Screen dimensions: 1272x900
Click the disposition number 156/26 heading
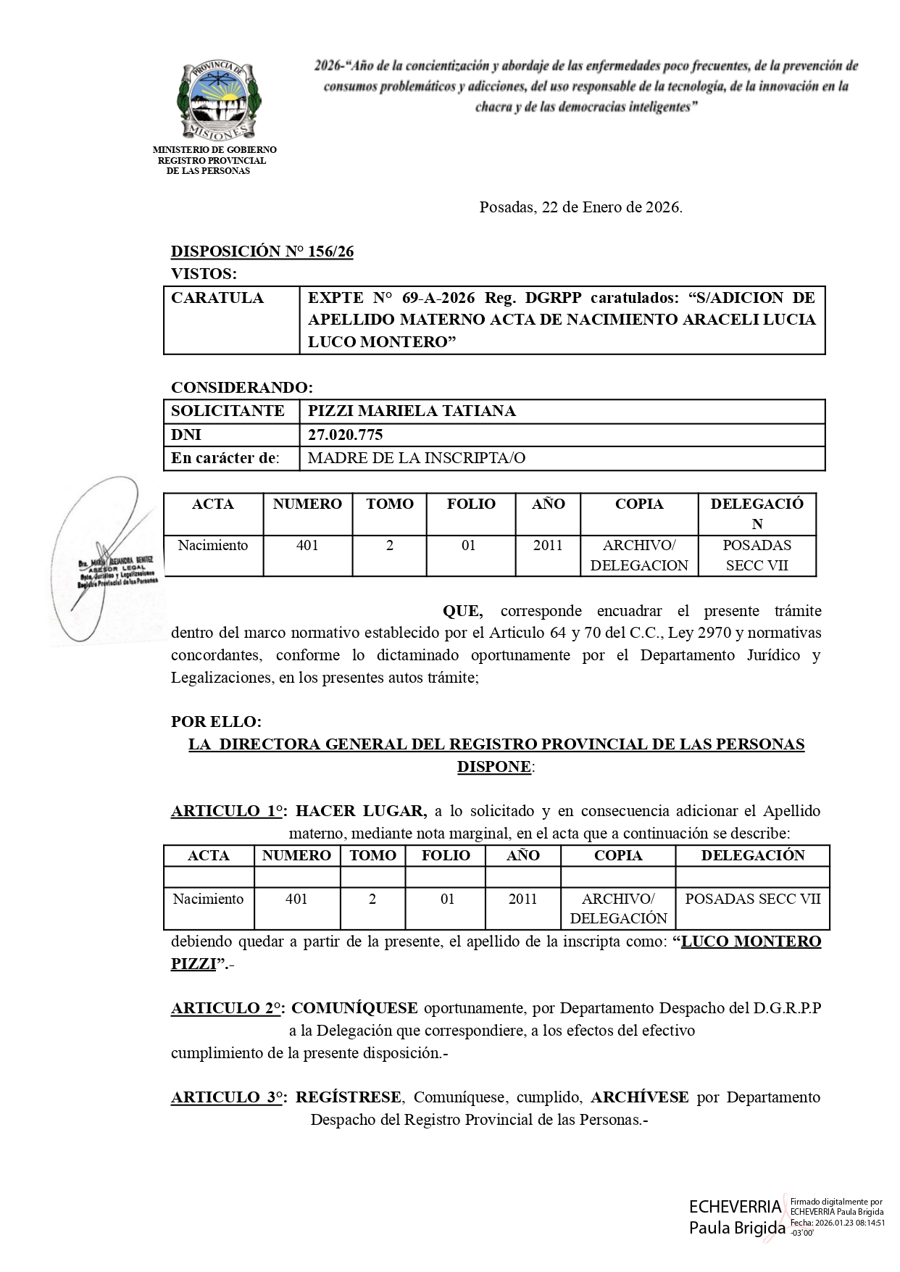click(x=262, y=252)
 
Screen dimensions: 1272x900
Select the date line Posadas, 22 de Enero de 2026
click(x=580, y=207)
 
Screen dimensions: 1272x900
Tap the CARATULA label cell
click(x=217, y=298)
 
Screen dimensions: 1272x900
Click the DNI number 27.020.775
click(x=345, y=435)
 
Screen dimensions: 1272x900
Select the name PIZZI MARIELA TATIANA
click(x=412, y=411)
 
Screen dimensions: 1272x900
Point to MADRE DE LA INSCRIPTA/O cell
click(x=417, y=458)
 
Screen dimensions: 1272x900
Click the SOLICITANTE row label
click(x=228, y=411)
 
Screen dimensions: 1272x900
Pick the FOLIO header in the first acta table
click(x=471, y=504)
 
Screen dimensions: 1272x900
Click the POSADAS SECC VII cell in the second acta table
click(x=752, y=899)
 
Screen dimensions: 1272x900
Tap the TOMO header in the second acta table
click(x=372, y=855)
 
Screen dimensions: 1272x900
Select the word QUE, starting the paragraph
click(x=462, y=611)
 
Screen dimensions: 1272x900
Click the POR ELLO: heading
click(x=216, y=722)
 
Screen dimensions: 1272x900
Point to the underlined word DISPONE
click(x=493, y=767)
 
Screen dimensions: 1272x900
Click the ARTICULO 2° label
click(x=227, y=1008)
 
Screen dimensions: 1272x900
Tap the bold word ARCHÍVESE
click(x=640, y=1097)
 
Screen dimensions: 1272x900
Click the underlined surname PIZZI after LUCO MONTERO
click(x=193, y=964)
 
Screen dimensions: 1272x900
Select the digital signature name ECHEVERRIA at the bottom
click(x=735, y=1206)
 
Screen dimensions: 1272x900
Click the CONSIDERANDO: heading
click(x=242, y=387)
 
